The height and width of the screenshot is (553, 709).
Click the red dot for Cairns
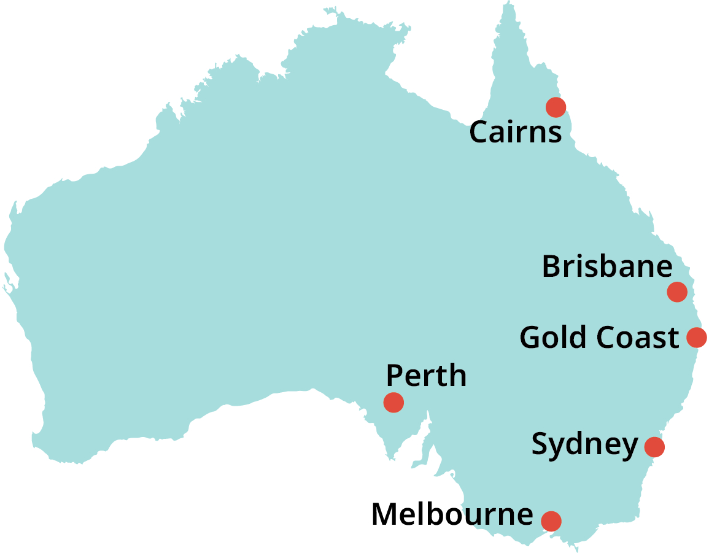pyautogui.click(x=556, y=107)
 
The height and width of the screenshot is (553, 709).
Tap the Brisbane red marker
pyautogui.click(x=676, y=292)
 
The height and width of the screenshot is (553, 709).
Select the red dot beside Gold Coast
pyautogui.click(x=697, y=337)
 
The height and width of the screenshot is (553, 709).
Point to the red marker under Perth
pyautogui.click(x=393, y=402)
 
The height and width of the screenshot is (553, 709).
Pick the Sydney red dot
pyautogui.click(x=654, y=447)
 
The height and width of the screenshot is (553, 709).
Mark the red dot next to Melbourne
pyautogui.click(x=551, y=520)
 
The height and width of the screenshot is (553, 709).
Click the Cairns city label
pyautogui.click(x=515, y=132)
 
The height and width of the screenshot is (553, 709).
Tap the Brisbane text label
pyautogui.click(x=606, y=267)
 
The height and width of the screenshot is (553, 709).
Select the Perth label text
pyautogui.click(x=426, y=375)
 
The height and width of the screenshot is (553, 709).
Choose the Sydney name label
pyautogui.click(x=584, y=444)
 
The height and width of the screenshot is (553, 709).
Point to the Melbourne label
pyautogui.click(x=452, y=514)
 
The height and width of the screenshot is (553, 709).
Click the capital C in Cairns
pyautogui.click(x=479, y=133)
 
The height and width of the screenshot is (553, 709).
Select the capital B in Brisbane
pyautogui.click(x=552, y=267)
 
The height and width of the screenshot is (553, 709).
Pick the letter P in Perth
pyautogui.click(x=395, y=375)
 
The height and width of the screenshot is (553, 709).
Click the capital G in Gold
pyautogui.click(x=530, y=338)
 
